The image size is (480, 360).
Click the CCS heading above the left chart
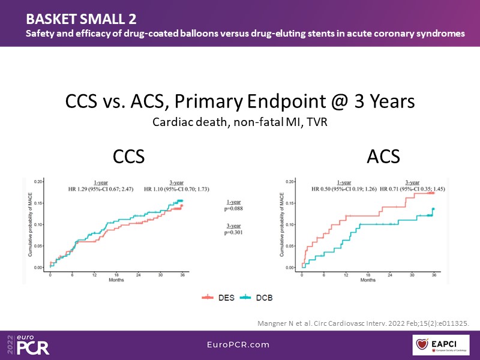pyautogui.click(x=128, y=157)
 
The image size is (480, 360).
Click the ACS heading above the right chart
pyautogui.click(x=383, y=157)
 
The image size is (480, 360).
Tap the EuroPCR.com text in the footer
pyautogui.click(x=240, y=344)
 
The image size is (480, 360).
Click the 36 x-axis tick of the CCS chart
pyautogui.click(x=182, y=275)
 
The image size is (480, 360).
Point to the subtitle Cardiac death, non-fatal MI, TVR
pyautogui.click(x=239, y=122)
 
